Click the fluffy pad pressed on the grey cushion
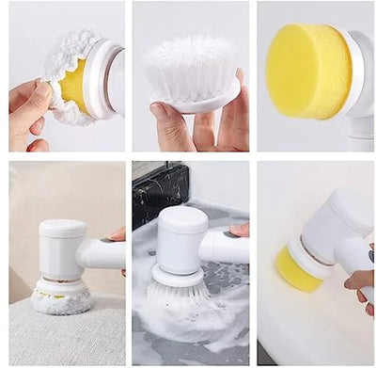pos(62,300)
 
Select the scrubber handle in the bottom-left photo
pos(102,254)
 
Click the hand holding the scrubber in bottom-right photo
pos(362,282)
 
